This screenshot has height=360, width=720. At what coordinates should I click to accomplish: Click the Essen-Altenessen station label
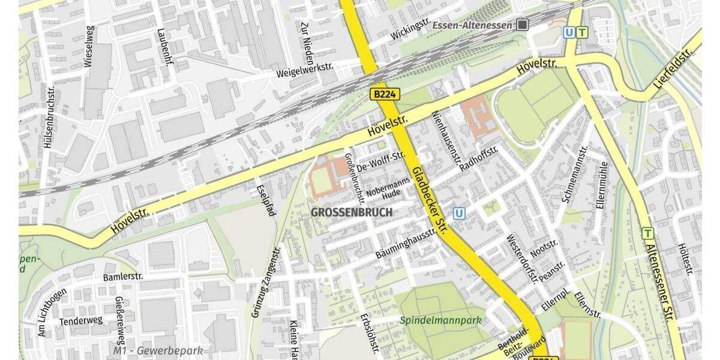(474, 25)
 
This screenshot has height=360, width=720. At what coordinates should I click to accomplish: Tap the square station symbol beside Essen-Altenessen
(523, 25)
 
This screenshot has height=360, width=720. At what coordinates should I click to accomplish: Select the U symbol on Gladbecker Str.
(460, 212)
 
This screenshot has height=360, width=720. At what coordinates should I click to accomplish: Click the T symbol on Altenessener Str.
(647, 233)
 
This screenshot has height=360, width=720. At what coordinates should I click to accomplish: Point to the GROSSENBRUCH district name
(352, 212)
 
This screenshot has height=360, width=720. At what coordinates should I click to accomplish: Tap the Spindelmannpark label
(442, 320)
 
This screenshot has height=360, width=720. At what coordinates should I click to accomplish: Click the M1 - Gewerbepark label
(158, 350)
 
